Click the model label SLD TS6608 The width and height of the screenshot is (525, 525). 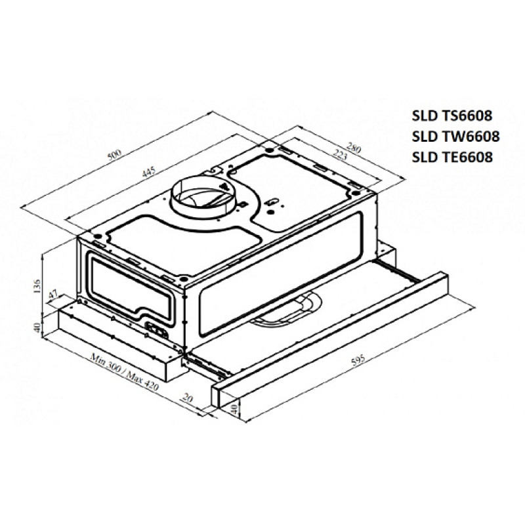click(452, 115)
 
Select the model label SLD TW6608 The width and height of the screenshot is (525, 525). click(455, 136)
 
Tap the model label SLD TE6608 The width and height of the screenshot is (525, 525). click(452, 157)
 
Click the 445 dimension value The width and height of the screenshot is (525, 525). click(149, 172)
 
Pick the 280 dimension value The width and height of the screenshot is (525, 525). click(354, 147)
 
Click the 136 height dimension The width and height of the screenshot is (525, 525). click(37, 286)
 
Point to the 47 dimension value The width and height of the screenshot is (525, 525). click(53, 295)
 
